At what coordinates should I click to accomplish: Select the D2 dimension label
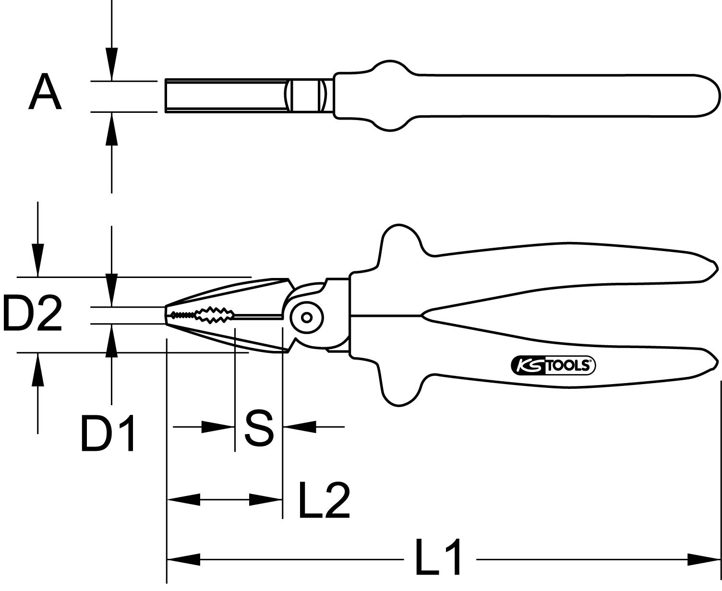(x=32, y=314)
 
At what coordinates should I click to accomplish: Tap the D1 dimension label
(x=108, y=435)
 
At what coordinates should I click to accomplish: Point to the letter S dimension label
(x=259, y=427)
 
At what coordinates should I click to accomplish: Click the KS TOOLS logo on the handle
(x=553, y=365)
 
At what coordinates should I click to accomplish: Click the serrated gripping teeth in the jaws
(x=214, y=315)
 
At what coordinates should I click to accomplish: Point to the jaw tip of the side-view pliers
(x=167, y=315)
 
